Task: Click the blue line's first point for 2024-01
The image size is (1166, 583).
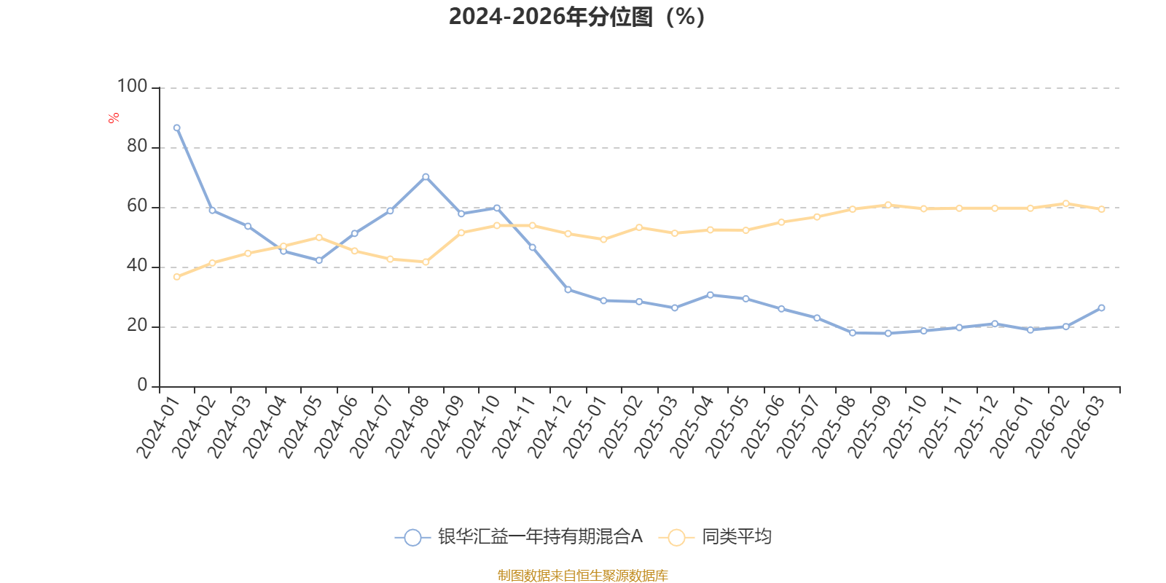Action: (177, 128)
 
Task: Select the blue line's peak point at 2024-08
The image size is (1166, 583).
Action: (426, 177)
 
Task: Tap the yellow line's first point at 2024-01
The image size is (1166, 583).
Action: (177, 277)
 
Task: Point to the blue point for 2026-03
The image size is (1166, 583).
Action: (1101, 308)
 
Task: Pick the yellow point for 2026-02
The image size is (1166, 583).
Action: (1066, 203)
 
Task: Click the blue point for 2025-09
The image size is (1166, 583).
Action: (888, 333)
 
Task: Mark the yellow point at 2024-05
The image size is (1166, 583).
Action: (319, 238)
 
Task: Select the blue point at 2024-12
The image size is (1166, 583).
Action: (568, 289)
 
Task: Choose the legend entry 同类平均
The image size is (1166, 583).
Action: (715, 536)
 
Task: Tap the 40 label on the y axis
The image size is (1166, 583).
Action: (138, 266)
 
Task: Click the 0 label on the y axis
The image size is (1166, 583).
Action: (142, 386)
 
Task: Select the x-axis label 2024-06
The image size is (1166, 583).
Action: (336, 427)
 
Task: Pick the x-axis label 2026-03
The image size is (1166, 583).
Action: (1084, 427)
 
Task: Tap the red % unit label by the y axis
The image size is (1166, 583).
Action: (114, 118)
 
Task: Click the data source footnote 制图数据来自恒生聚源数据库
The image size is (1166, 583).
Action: (582, 575)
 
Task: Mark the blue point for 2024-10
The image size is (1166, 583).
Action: (496, 208)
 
